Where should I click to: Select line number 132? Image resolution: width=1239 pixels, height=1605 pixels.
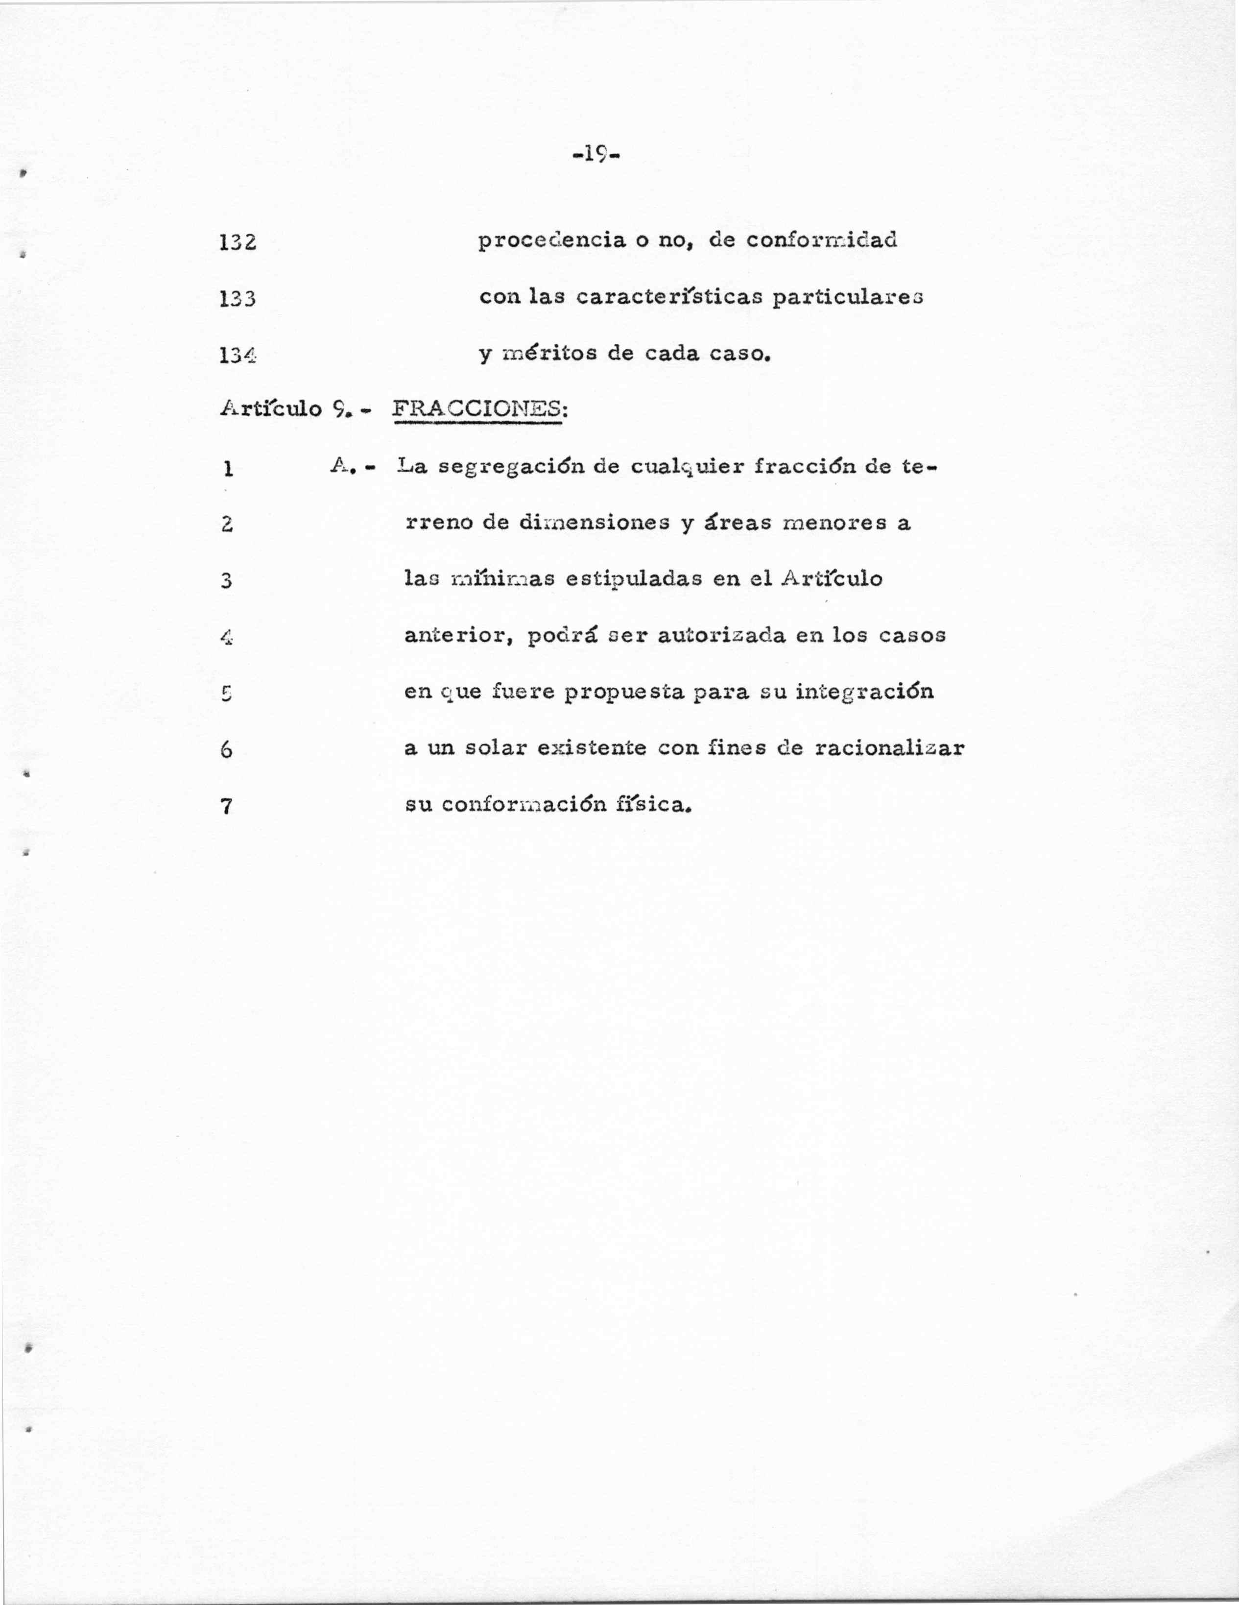click(x=238, y=242)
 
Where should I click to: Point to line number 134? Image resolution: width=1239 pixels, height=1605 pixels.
click(x=238, y=356)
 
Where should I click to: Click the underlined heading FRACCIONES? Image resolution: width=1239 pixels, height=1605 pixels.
click(x=479, y=408)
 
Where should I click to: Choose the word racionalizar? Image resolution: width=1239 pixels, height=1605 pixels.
click(x=889, y=748)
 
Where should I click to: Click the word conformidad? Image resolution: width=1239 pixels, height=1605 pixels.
click(x=822, y=241)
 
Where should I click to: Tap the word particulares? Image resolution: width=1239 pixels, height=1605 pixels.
click(x=847, y=298)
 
